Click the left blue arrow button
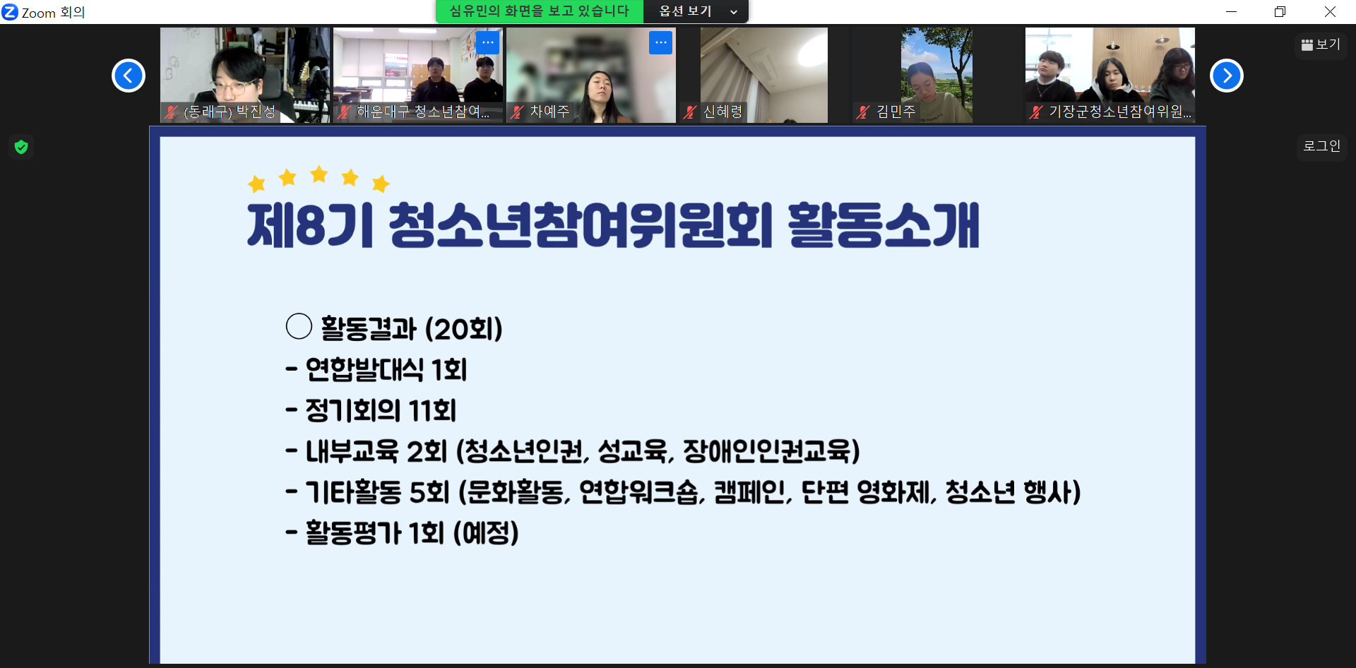129,76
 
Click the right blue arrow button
1227,76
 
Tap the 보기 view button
1321,44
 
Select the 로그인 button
1321,146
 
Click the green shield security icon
21,147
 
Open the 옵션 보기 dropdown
696,11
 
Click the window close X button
1330,11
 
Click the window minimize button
1231,11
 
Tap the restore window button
1280,11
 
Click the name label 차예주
549,112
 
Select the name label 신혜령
723,112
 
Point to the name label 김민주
896,112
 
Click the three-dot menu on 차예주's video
660,42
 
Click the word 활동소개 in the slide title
884,225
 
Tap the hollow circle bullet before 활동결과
299,326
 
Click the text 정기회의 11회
381,410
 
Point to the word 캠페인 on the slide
753,491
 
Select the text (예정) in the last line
486,533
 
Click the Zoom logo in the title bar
10,12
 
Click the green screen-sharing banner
539,11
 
